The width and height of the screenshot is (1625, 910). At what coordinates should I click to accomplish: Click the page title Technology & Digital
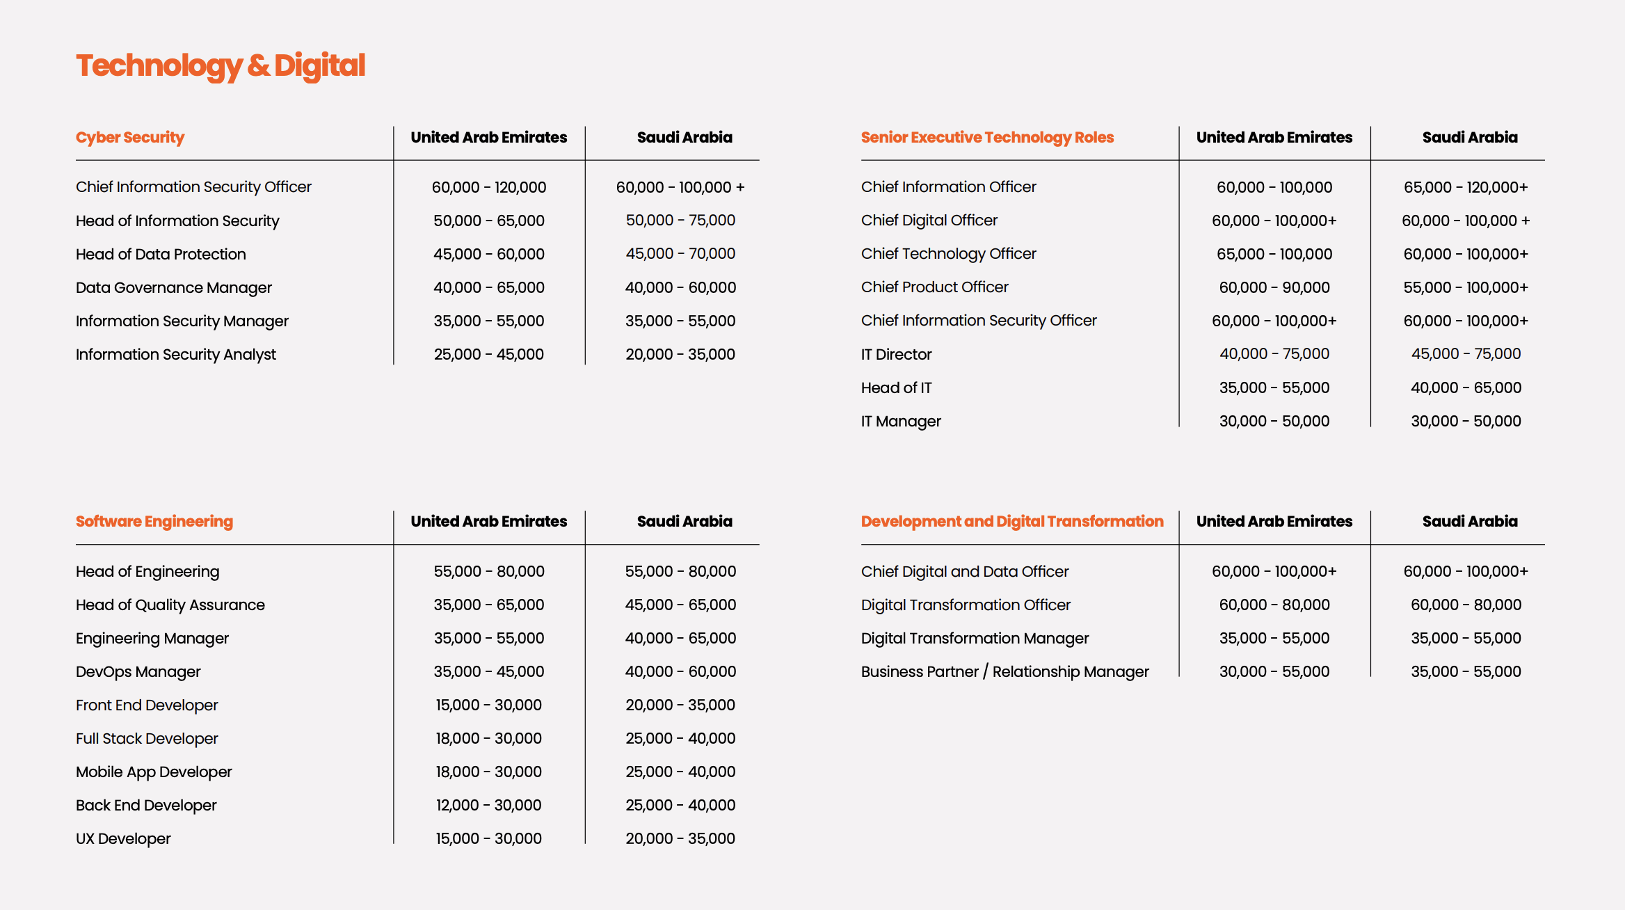point(221,65)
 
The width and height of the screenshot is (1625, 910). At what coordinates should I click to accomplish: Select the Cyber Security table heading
point(130,137)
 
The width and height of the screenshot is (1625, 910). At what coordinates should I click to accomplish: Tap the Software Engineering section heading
point(154,521)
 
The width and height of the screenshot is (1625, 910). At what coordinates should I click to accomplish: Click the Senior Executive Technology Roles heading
point(987,137)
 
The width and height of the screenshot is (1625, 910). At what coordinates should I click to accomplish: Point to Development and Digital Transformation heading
point(1012,521)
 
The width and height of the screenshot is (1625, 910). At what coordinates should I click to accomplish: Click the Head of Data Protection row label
point(161,254)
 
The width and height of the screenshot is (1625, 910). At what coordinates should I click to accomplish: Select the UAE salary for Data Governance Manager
point(489,287)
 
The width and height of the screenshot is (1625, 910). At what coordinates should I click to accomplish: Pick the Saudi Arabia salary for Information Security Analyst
point(680,354)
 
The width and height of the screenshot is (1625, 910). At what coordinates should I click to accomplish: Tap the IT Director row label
point(896,354)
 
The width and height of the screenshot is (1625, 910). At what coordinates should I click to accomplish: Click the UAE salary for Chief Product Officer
point(1274,287)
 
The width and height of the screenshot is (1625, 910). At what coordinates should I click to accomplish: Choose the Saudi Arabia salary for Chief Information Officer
point(1466,187)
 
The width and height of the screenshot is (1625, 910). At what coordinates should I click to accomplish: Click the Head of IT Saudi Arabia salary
point(1466,388)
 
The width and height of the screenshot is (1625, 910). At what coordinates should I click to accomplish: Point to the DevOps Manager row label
point(138,671)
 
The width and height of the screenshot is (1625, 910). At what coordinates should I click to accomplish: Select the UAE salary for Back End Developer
point(489,805)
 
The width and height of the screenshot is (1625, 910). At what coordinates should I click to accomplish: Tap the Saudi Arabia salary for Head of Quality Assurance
point(680,605)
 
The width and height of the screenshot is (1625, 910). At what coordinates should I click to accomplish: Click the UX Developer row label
point(123,838)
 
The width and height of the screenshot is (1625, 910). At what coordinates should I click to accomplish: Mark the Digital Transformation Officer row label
point(966,605)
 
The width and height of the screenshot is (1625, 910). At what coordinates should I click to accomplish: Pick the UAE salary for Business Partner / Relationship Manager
point(1274,671)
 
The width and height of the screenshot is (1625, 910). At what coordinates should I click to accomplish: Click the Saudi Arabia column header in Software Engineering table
point(685,521)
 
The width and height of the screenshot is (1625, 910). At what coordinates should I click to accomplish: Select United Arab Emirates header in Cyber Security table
point(489,137)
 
